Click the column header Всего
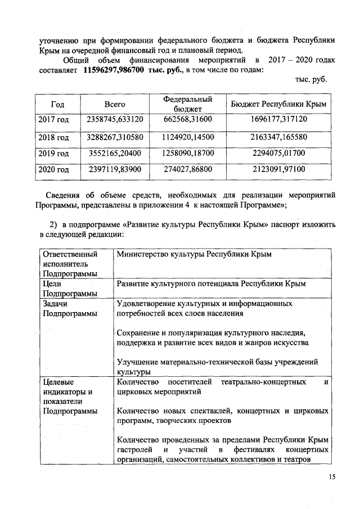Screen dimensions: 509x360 [115, 105]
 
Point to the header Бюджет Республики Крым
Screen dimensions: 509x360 [279, 105]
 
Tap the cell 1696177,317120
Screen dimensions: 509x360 [279, 120]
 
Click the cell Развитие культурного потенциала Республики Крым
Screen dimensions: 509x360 [211, 285]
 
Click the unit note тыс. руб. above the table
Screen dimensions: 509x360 [310, 79]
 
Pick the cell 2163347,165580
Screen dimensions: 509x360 [279, 137]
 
